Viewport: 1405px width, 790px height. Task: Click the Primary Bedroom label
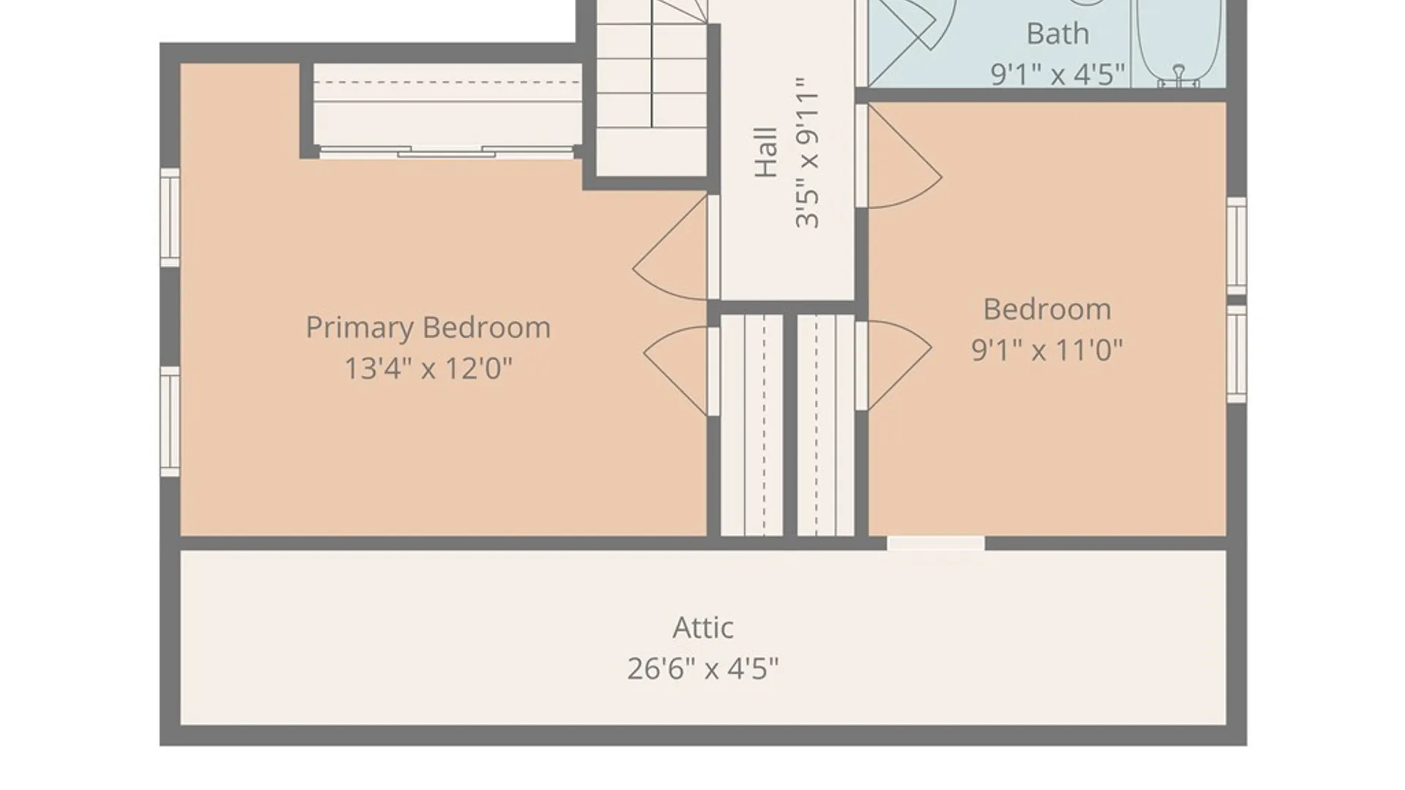coord(428,328)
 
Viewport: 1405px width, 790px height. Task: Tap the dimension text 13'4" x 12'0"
coord(428,368)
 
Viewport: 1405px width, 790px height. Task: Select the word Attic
coord(702,628)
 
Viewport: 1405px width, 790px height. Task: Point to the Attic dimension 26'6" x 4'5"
coord(702,669)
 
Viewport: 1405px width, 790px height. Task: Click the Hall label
coord(766,152)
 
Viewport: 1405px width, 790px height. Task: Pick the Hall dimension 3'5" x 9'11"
coord(807,152)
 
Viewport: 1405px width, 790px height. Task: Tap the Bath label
coord(1057,34)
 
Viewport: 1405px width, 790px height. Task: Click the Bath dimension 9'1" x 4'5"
coord(1057,74)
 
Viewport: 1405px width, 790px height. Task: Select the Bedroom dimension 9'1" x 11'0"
coord(1047,350)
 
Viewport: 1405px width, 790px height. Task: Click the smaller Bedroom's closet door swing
coord(899,365)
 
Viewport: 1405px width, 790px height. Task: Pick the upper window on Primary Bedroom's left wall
coord(170,218)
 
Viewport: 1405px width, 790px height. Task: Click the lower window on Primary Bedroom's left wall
coord(170,422)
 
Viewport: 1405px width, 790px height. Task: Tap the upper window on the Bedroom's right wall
coord(1237,246)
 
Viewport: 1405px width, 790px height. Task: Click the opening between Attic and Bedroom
coord(936,543)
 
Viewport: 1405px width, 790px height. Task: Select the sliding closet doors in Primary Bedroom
coord(447,152)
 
